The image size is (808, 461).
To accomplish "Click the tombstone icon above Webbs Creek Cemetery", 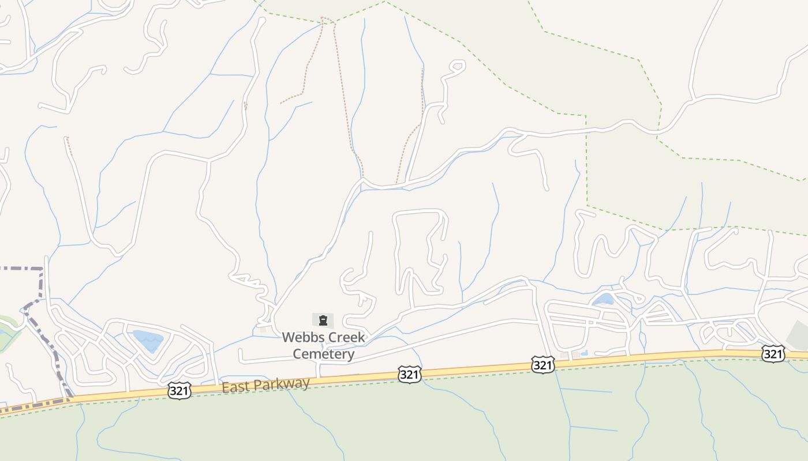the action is point(323,320).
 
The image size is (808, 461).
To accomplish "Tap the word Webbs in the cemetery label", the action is point(300,337).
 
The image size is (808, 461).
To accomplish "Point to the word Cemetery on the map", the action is point(323,354).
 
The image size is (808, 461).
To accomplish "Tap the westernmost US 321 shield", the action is point(179,391).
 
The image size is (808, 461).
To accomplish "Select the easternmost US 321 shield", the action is point(773,353).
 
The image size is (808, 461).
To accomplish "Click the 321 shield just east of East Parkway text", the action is point(409,375).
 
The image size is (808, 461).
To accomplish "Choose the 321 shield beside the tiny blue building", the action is point(543,364).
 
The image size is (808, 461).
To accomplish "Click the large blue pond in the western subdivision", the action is point(148,339).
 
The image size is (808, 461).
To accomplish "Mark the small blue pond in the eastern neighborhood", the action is point(604,299).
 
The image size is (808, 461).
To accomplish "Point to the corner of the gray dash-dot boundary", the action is point(42,269).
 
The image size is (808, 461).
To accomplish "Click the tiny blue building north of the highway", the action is point(584,353).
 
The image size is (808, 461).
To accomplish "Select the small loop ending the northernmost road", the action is point(456,66).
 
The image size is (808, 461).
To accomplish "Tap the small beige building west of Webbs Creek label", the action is point(263,330).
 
